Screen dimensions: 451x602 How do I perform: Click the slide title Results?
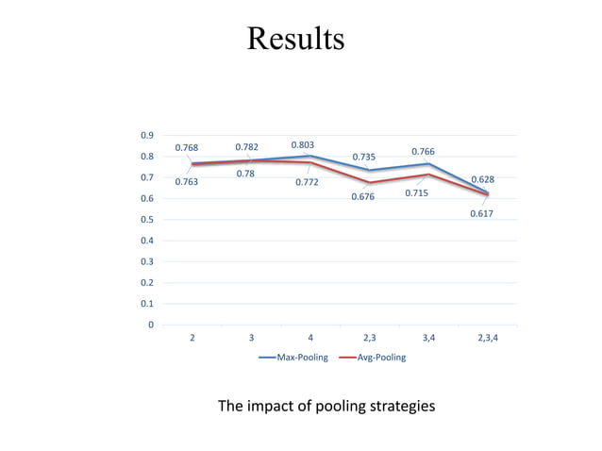[x=295, y=40]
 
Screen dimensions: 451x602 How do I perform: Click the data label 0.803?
[x=303, y=145]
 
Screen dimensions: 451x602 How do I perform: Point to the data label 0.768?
[x=187, y=147]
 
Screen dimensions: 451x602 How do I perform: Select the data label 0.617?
[x=481, y=214]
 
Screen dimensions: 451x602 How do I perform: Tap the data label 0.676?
[x=362, y=197]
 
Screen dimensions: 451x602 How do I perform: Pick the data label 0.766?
[x=424, y=152]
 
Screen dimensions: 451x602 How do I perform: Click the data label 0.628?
[x=483, y=178]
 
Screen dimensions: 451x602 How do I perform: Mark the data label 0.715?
[x=416, y=193]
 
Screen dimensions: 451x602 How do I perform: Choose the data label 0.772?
[x=306, y=182]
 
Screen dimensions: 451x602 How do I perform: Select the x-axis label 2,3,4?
[x=488, y=338]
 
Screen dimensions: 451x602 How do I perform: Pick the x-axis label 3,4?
[x=428, y=338]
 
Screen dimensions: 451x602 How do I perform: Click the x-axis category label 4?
[x=310, y=338]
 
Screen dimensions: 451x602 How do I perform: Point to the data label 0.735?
[x=364, y=158]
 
